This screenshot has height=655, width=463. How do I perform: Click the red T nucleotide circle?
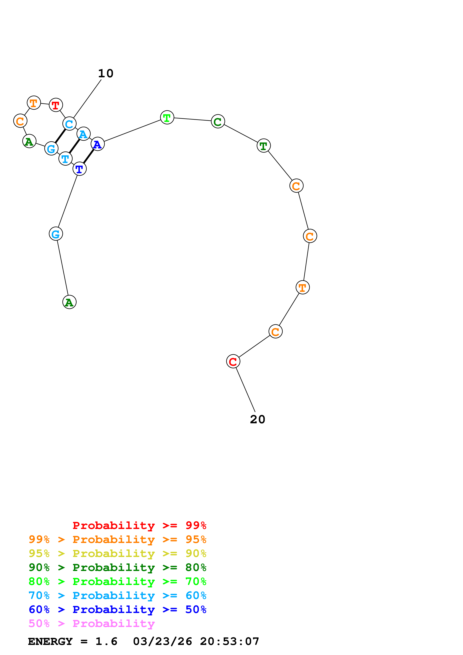point(56,105)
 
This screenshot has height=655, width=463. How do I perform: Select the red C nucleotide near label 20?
point(233,361)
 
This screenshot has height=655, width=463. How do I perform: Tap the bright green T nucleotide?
point(167,117)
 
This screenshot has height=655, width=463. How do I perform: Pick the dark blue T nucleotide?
point(79,169)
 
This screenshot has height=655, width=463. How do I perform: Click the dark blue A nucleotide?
point(97,144)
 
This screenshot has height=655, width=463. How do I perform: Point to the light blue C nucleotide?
point(69,124)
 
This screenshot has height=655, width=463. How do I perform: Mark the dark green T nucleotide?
point(263,146)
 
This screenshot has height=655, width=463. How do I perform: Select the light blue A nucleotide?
point(83,134)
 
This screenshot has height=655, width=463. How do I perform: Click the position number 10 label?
point(106,74)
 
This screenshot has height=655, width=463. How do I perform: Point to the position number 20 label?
point(257,419)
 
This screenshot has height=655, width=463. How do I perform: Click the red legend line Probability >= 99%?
point(139,525)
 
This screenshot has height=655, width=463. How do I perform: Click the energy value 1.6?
point(106,642)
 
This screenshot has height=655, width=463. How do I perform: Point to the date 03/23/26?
point(162,642)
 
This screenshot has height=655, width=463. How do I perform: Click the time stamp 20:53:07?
point(229,642)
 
